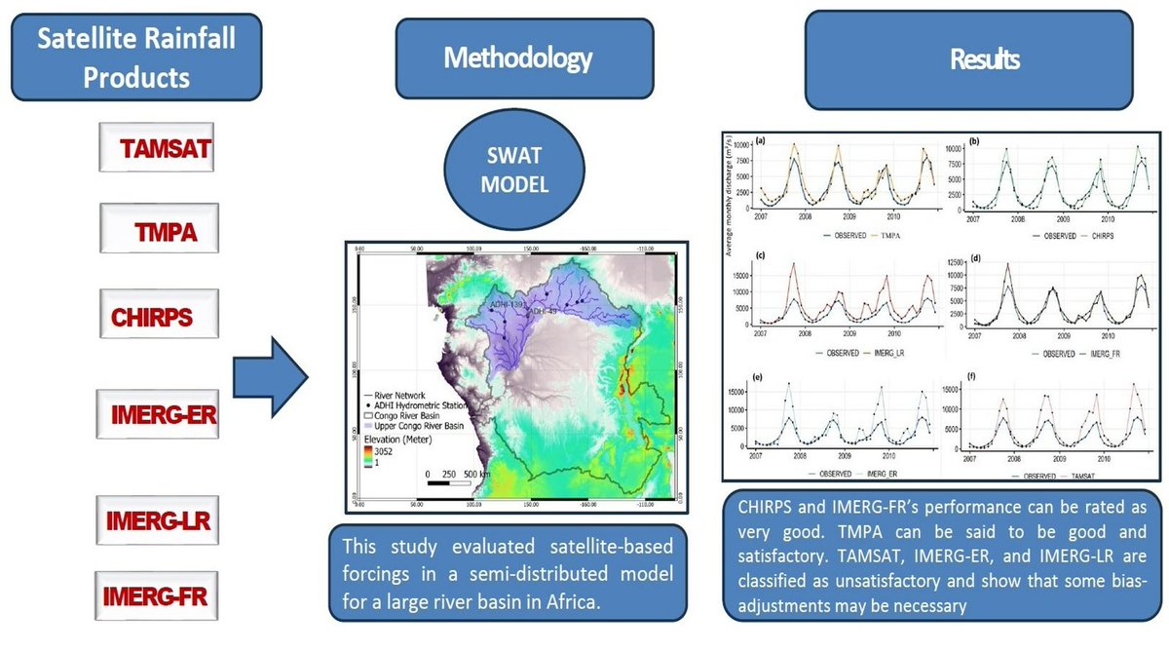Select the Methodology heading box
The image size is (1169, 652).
[517, 59]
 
